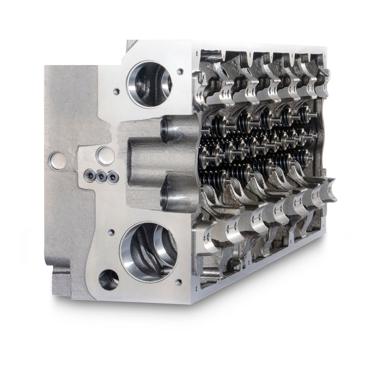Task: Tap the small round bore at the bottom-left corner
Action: pyautogui.click(x=108, y=279)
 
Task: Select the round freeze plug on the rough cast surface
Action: pyautogui.click(x=56, y=160)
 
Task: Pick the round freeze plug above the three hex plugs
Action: pyautogui.click(x=105, y=155)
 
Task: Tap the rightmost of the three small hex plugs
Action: pyautogui.click(x=110, y=176)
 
